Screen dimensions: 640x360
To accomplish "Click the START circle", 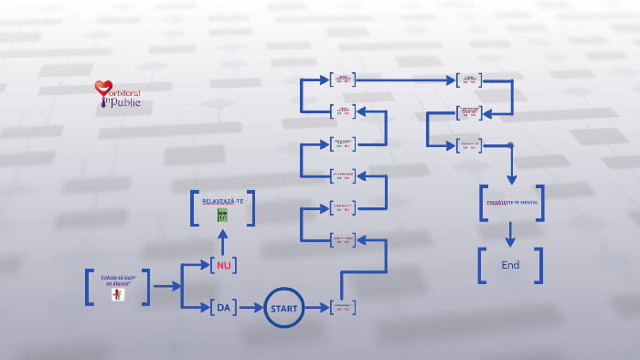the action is tap(283, 308).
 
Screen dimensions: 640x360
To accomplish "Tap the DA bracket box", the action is tap(223, 308).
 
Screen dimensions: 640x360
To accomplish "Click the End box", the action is tap(510, 265).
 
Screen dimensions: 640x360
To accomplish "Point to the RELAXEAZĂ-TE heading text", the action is tap(222, 200).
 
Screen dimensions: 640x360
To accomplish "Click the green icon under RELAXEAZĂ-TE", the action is tap(222, 216).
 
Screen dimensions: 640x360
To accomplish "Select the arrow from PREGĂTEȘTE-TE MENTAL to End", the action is tap(510, 235).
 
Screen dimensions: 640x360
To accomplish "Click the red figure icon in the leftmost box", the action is tap(117, 294).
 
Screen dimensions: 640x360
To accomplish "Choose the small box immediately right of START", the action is tap(343, 308).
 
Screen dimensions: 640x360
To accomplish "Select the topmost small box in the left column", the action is tap(343, 79).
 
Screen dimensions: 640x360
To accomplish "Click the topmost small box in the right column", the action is tap(469, 79).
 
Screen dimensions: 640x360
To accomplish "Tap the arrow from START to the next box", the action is tap(316, 308).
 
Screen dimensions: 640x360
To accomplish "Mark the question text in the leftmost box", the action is tap(116, 280).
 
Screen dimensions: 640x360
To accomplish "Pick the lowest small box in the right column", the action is tap(469, 145).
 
